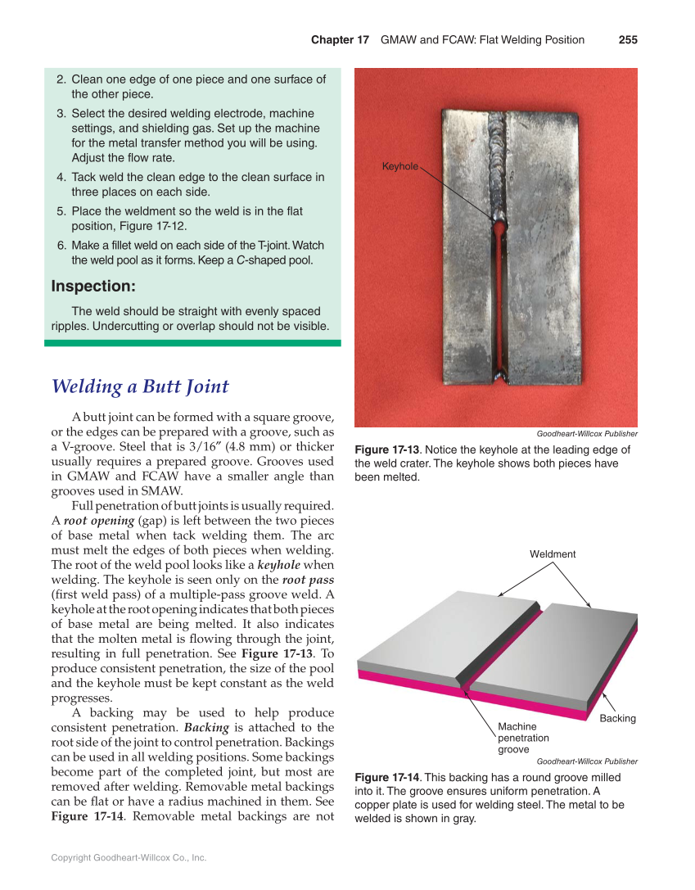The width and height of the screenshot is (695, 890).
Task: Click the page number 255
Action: coord(628,40)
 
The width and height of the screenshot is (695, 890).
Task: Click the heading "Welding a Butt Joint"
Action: coord(140,386)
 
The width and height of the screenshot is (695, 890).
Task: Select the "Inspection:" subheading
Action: coord(93,287)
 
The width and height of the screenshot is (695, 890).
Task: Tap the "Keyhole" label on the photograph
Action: coord(399,167)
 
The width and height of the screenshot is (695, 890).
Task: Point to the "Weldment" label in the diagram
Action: coord(553,554)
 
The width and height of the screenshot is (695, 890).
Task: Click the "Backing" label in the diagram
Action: coord(617,718)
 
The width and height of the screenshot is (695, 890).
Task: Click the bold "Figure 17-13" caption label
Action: coord(386,450)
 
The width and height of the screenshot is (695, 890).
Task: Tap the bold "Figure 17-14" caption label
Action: coord(386,777)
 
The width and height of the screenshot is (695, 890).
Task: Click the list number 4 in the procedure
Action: coord(61,177)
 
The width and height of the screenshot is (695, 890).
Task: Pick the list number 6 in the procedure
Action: coord(61,246)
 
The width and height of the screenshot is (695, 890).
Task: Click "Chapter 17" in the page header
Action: coord(340,40)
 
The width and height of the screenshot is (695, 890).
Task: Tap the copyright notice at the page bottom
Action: coord(129,857)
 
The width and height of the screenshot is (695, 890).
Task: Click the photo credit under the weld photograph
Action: coord(586,434)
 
